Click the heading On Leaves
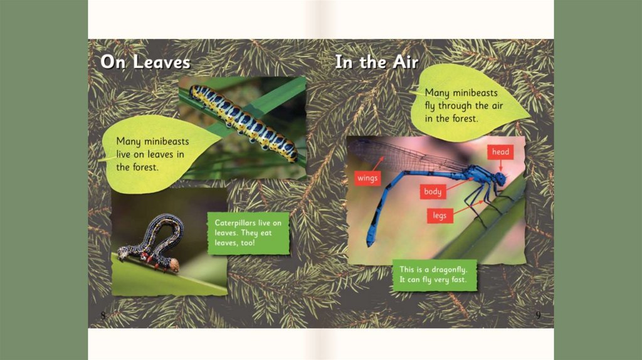tap(145, 62)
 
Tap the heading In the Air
tap(377, 62)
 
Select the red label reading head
tap(500, 152)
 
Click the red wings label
tap(367, 178)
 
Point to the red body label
tap(433, 191)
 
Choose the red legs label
tap(439, 215)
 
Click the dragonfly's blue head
tap(500, 179)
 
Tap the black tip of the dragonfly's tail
tap(371, 242)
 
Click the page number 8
tap(103, 315)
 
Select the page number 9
tap(538, 315)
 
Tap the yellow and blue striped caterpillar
tap(244, 124)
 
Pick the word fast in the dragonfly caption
tap(458, 280)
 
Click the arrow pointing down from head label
tap(500, 166)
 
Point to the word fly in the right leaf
tap(430, 106)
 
